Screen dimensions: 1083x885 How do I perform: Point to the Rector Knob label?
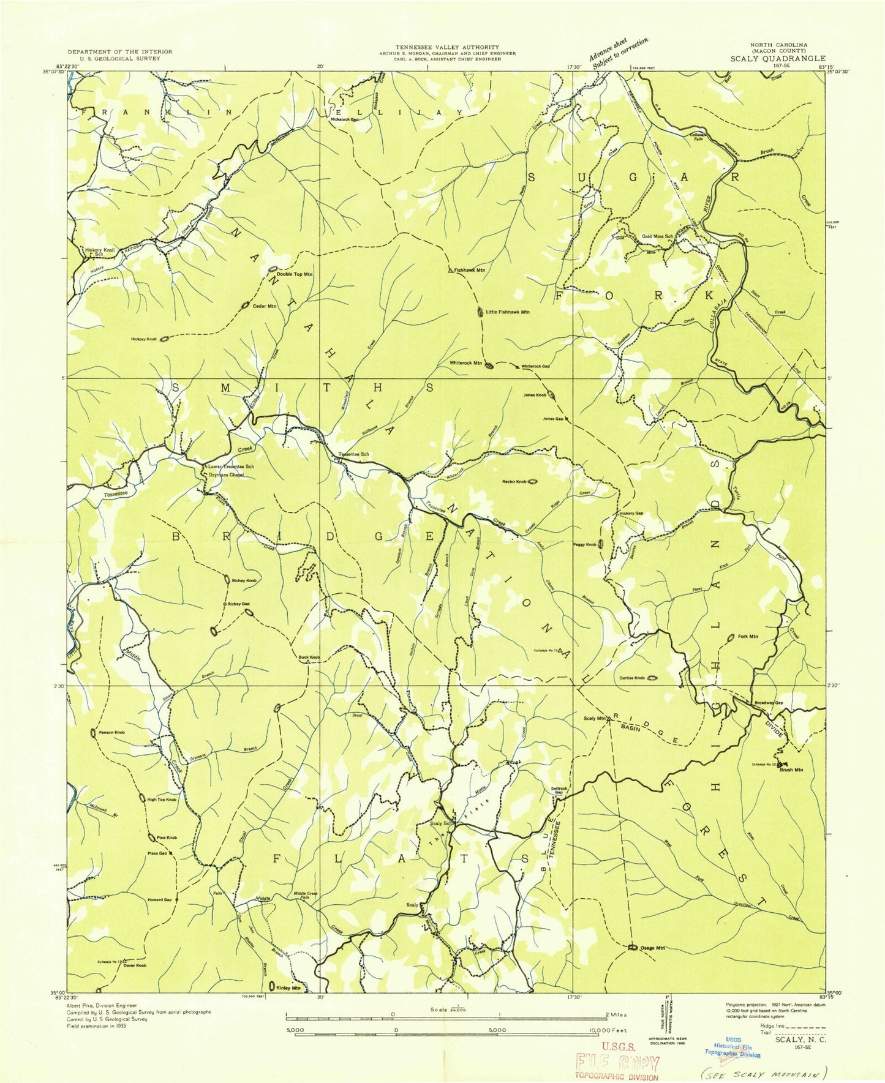pos(514,482)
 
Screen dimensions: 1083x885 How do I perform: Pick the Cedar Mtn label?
pos(265,306)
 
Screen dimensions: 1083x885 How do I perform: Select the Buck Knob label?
pos(309,658)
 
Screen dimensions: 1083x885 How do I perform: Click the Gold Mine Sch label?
pos(657,236)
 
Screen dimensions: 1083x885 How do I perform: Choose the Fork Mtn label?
pos(748,637)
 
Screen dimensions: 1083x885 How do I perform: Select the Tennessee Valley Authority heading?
pos(446,47)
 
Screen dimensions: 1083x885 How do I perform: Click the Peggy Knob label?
pos(583,544)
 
